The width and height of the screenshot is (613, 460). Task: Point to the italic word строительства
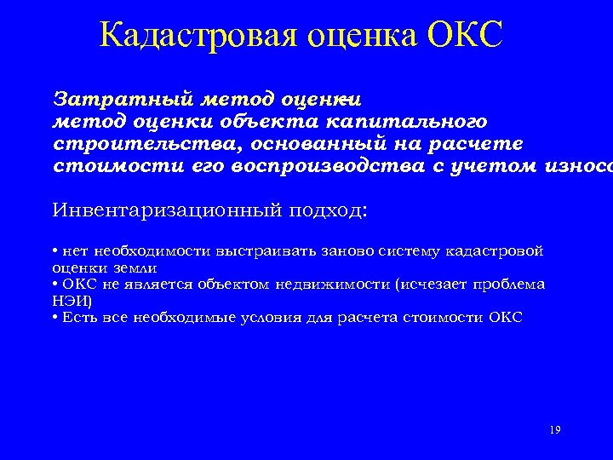pyautogui.click(x=133, y=142)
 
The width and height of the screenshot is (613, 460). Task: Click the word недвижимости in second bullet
pyautogui.click(x=335, y=284)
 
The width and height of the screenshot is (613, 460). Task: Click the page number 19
pyautogui.click(x=555, y=430)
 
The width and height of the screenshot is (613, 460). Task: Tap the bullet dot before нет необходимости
pyautogui.click(x=54, y=251)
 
